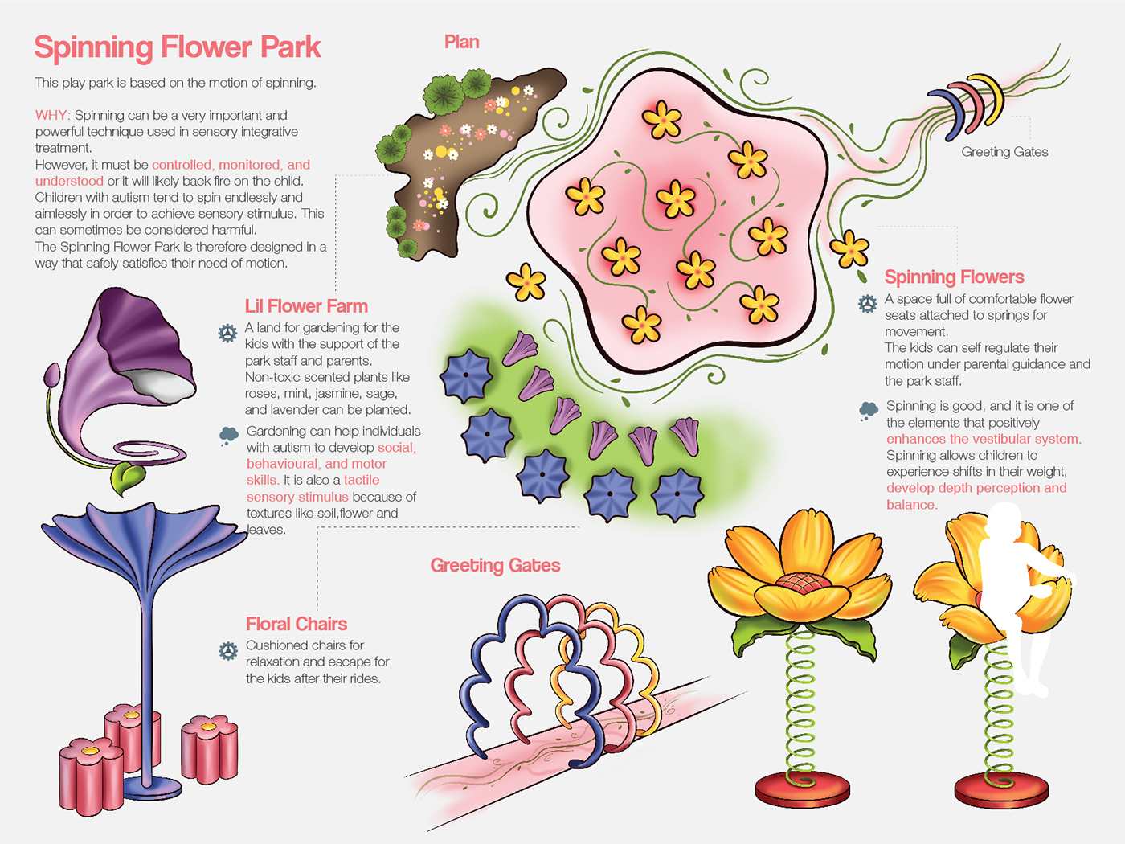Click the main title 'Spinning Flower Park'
coord(177,47)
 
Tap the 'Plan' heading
coord(461,43)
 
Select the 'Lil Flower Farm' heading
coord(306,306)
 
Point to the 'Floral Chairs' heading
coord(297,624)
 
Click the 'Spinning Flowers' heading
coord(954,277)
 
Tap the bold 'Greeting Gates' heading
coord(495,565)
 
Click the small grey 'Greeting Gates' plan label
coord(1004,152)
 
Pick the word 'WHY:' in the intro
coord(53,116)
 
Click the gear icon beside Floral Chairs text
coord(228,651)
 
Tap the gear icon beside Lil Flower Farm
coord(227,333)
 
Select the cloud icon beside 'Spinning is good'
coord(869,411)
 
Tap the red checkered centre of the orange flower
coord(800,582)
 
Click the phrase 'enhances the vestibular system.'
coord(984,439)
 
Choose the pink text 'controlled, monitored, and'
coord(231,165)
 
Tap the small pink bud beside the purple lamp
coord(52,375)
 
